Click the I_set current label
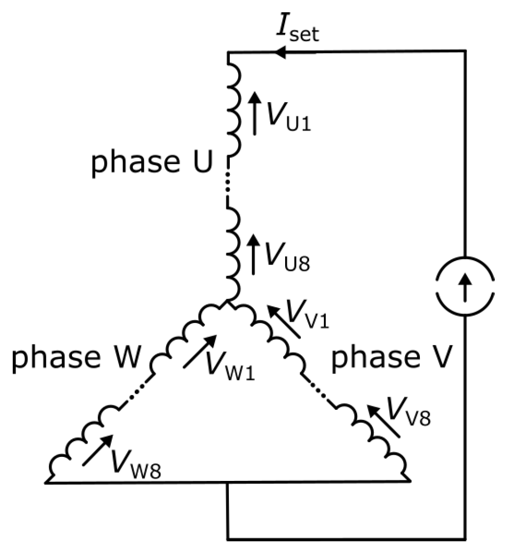coord(296,30)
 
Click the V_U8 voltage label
coord(286,255)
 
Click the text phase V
coord(396,358)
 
